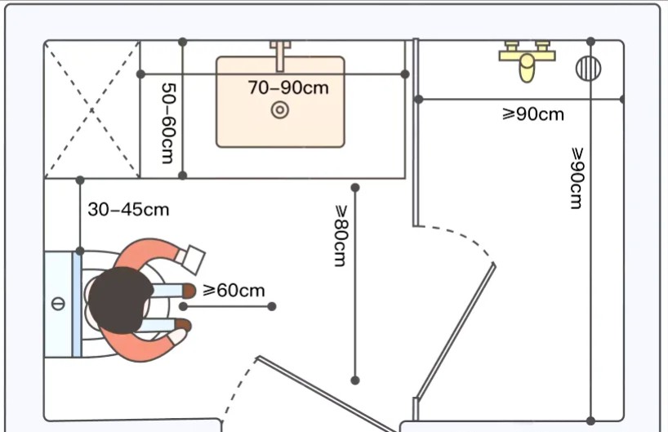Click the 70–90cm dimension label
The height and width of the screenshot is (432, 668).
pos(288,87)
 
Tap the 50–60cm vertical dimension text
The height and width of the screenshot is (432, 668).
pos(169,123)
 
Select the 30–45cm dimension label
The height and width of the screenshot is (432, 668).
pos(128,210)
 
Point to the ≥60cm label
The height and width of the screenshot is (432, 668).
pos(234,291)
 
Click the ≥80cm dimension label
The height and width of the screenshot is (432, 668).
pos(341,236)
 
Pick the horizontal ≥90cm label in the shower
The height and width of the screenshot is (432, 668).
pos(533,114)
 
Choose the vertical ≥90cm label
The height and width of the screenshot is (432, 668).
pos(577,178)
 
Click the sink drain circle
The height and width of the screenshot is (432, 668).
pos(280,110)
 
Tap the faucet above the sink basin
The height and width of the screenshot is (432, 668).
pos(280,56)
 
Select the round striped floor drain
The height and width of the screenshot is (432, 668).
pos(588,69)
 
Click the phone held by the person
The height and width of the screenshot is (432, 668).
pos(192,260)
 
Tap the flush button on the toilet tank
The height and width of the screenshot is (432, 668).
pos(58,304)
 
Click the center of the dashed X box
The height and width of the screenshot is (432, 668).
pos(92,110)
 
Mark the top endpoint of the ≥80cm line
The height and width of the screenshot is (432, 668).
pos(355,188)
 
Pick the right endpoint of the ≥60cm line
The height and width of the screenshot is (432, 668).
pos(272,306)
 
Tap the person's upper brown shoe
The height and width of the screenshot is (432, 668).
pos(189,291)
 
